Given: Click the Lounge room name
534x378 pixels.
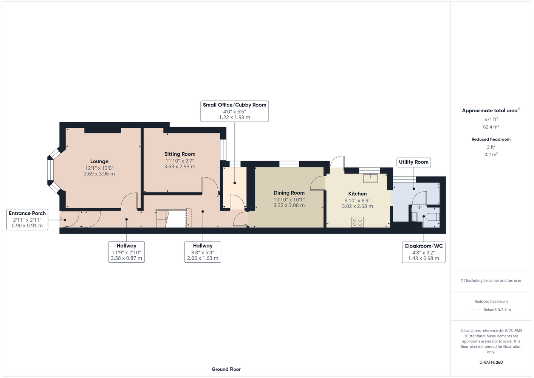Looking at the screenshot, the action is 99,161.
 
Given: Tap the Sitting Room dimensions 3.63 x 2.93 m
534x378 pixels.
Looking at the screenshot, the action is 180,167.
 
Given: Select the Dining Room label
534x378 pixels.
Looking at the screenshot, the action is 289,193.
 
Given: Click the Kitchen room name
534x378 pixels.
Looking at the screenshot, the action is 358,194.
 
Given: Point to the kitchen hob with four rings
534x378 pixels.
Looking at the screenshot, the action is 357,222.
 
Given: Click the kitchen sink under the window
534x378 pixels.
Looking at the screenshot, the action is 370,178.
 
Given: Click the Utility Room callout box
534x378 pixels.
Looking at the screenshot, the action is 413,162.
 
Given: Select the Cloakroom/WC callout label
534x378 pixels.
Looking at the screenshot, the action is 424,252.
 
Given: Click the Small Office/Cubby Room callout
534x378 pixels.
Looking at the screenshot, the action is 235,111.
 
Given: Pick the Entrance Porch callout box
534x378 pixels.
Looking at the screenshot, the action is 27,219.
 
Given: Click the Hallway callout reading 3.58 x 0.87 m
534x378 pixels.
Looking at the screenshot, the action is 126,252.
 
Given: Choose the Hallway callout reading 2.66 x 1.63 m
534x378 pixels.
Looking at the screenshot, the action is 203,252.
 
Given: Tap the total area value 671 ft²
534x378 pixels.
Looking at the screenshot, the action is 491,119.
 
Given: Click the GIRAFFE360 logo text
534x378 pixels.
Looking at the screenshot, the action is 491,362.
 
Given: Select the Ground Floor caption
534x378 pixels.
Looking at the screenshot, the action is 226,369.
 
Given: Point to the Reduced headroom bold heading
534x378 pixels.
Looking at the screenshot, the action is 491,139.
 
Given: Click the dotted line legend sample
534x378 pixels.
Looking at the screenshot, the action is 476,310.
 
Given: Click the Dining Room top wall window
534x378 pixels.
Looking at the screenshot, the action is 289,164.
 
